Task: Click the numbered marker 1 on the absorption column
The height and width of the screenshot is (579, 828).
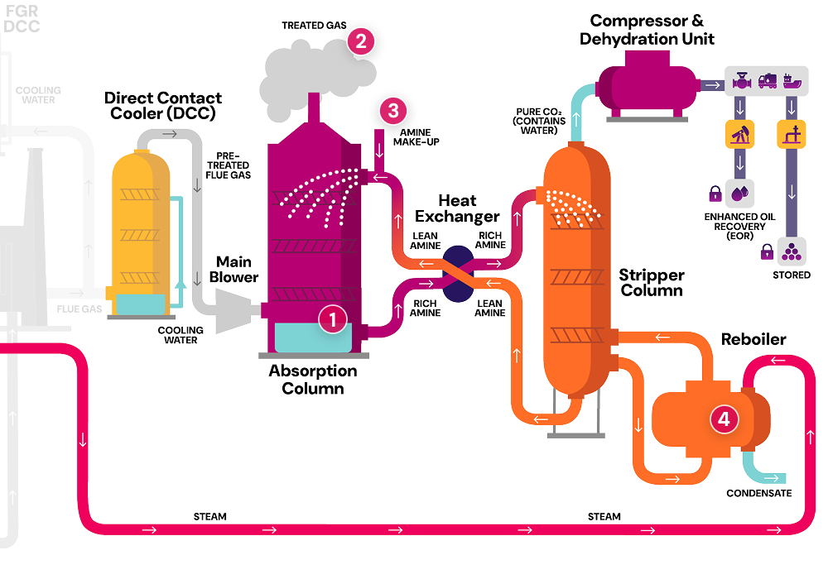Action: pyautogui.click(x=333, y=319)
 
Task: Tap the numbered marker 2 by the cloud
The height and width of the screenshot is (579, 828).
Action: pyautogui.click(x=361, y=41)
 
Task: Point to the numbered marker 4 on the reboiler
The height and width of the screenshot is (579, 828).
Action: pyautogui.click(x=724, y=419)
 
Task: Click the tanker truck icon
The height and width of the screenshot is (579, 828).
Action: pyautogui.click(x=767, y=84)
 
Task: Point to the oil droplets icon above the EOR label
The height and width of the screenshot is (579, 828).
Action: pyautogui.click(x=739, y=194)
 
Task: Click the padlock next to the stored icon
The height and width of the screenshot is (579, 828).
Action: pyautogui.click(x=768, y=247)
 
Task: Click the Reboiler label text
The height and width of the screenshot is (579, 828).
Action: pyautogui.click(x=753, y=339)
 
